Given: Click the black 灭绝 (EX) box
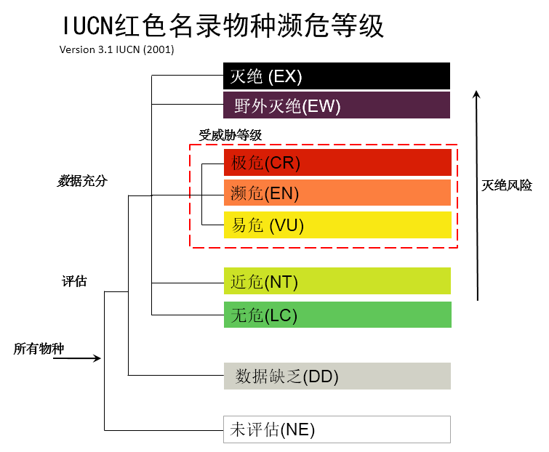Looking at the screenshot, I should [x=336, y=76].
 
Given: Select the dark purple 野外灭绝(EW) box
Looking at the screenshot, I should [x=336, y=105].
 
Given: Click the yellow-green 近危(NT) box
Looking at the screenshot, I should [x=337, y=281].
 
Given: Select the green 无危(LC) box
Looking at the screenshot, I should [x=337, y=315].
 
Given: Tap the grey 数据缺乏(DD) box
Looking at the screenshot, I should [x=337, y=376].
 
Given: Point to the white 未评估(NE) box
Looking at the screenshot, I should [x=337, y=429].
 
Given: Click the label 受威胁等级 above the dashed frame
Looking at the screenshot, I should [x=230, y=135].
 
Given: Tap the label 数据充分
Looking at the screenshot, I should [x=82, y=181].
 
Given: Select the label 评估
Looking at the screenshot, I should [x=74, y=281].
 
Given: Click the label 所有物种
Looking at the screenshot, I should [x=39, y=349].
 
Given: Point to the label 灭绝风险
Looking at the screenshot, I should [x=507, y=185].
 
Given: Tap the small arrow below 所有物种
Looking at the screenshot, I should [x=77, y=358].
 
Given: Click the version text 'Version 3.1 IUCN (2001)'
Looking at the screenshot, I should [x=116, y=50].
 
